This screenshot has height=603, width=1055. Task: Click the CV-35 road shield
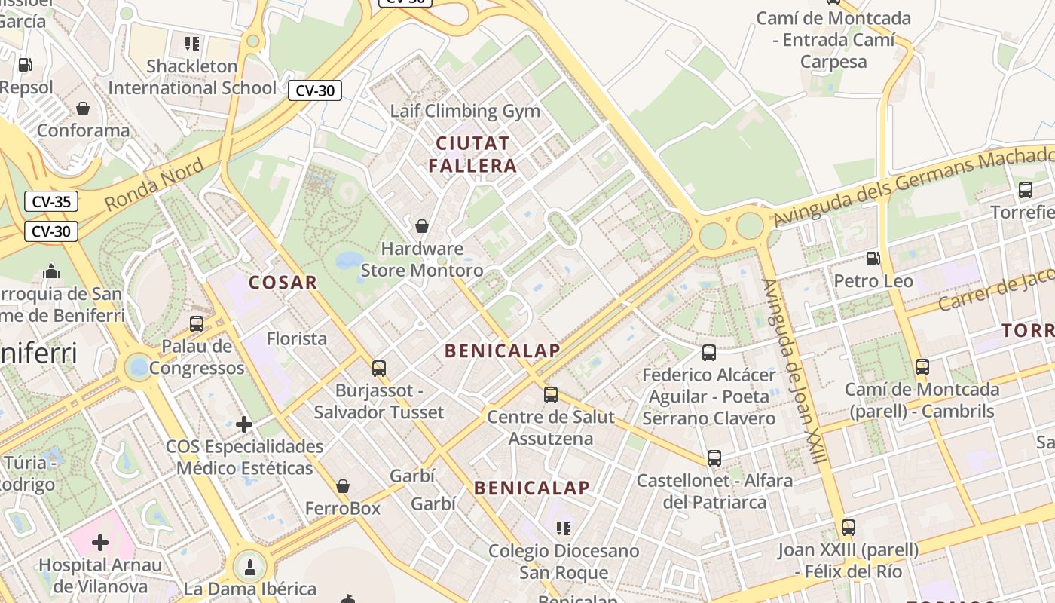click(x=51, y=201)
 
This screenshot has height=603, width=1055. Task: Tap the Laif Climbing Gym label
click(x=465, y=111)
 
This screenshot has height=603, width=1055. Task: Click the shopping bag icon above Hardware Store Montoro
click(x=422, y=226)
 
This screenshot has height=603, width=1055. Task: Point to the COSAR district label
click(x=283, y=283)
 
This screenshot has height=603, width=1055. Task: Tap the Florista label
click(x=297, y=338)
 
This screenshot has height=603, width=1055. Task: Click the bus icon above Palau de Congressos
click(x=197, y=324)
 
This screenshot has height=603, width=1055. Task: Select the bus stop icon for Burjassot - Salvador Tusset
click(x=379, y=369)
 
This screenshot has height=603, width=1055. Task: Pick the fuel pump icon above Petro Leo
click(x=873, y=259)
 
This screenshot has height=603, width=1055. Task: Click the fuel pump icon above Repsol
click(x=25, y=66)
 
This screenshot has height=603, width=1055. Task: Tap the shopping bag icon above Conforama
click(x=83, y=109)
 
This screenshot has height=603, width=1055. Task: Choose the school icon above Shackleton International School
click(x=192, y=44)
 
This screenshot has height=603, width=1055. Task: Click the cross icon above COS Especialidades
click(x=244, y=424)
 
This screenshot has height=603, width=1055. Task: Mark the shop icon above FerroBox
click(x=343, y=486)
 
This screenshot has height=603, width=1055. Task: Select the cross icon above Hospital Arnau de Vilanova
click(x=100, y=542)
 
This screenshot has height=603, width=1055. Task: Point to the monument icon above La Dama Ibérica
click(x=250, y=566)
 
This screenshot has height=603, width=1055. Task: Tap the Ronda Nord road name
click(x=154, y=185)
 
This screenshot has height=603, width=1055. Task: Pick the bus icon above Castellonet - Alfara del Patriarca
click(x=714, y=458)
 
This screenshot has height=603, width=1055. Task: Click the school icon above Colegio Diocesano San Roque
click(x=564, y=528)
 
